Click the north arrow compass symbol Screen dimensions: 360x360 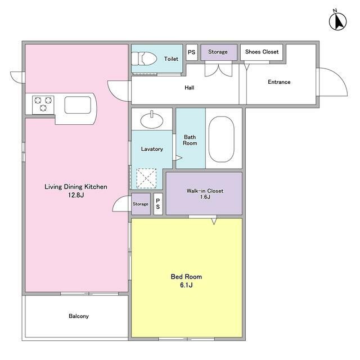point(337,22)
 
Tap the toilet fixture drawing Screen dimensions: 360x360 point(144,58)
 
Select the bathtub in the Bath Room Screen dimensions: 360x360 point(221,139)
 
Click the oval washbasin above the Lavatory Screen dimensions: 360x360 point(152,120)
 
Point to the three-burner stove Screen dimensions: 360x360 point(43,105)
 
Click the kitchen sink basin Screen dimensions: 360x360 point(78,105)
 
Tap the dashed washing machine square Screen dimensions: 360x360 point(146,178)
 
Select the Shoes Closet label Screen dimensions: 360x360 point(262,52)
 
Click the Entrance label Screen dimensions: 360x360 point(279,82)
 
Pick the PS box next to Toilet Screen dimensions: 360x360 point(192,52)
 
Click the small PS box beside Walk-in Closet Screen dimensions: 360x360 point(158,204)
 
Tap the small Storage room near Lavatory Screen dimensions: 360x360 point(141,204)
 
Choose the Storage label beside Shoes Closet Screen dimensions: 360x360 point(218,52)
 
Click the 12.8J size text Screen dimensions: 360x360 point(76,195)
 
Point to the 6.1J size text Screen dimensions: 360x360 point(186,285)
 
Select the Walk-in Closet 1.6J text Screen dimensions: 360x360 point(205,193)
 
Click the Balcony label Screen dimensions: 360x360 point(79,316)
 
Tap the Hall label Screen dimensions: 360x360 point(190,88)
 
